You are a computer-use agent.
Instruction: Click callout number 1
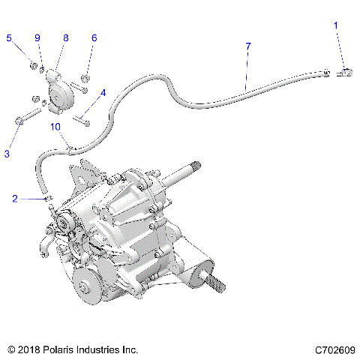point(336,25)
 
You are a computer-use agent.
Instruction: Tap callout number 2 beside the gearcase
point(14,199)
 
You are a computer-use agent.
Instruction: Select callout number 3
point(7,154)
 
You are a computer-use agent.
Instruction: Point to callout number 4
point(102,93)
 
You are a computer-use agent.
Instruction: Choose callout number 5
point(10,37)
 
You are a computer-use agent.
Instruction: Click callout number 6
point(94,37)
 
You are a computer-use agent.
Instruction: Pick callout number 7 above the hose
point(247,46)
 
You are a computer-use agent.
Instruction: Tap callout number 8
point(65,37)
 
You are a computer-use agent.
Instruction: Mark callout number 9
point(37,37)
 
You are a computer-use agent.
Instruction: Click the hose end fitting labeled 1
point(346,72)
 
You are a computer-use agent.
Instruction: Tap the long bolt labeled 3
point(27,117)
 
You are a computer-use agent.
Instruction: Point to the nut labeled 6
point(85,77)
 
